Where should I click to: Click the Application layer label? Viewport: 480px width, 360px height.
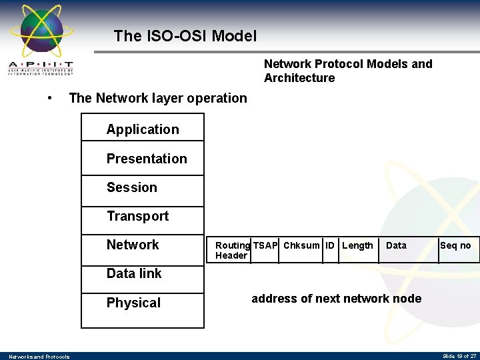(x=143, y=129)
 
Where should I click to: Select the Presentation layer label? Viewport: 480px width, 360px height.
(x=147, y=159)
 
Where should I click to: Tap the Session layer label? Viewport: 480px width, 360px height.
(x=132, y=187)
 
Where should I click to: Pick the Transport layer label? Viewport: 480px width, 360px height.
(x=137, y=216)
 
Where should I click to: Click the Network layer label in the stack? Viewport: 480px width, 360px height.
(x=133, y=245)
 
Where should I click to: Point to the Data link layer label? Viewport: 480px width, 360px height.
(x=134, y=273)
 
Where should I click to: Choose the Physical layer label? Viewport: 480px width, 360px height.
(x=133, y=303)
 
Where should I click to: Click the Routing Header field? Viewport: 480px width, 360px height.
(x=232, y=250)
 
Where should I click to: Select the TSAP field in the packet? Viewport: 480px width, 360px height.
(x=265, y=245)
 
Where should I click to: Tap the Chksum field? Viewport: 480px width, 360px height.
(x=301, y=245)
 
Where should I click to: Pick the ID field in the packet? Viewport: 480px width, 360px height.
(x=330, y=245)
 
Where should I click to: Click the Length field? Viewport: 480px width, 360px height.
(x=357, y=245)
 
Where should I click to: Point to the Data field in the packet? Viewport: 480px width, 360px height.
(x=396, y=245)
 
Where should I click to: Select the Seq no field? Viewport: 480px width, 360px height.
(x=455, y=245)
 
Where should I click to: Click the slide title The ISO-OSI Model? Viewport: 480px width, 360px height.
(x=185, y=36)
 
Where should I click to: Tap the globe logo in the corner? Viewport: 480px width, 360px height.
(x=41, y=30)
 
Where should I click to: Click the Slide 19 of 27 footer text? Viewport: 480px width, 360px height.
(x=459, y=357)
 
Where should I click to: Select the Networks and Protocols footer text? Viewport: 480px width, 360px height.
(x=39, y=357)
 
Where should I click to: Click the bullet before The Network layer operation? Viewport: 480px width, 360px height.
(x=50, y=98)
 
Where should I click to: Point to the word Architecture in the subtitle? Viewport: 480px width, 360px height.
(x=299, y=78)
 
